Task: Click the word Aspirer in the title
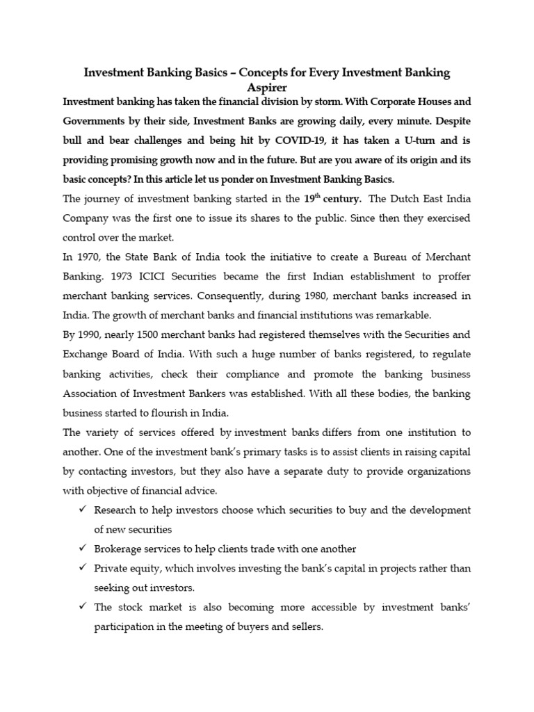coord(266,87)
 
